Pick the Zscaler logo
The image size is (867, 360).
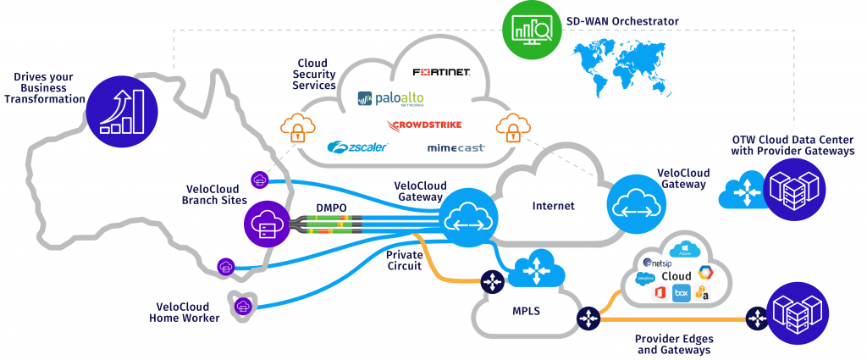(357, 147)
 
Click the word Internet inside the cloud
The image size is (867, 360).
(553, 206)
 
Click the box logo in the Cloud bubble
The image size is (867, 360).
(680, 292)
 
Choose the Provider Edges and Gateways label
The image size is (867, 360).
(669, 343)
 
